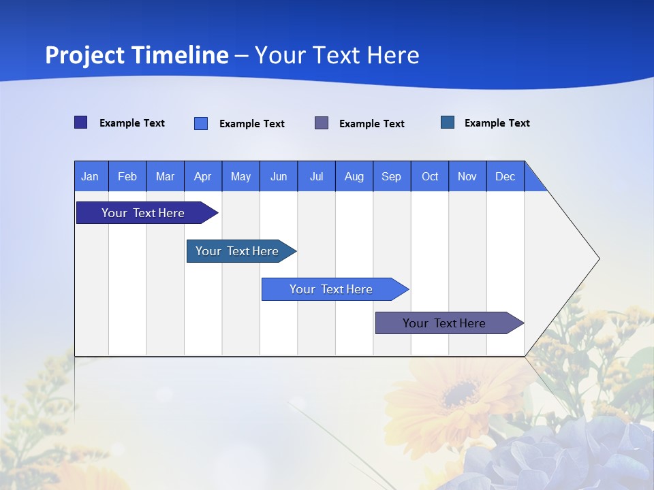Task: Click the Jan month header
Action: pyautogui.click(x=91, y=176)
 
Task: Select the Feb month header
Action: pyautogui.click(x=127, y=176)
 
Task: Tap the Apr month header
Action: pyautogui.click(x=203, y=176)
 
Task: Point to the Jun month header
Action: pyautogui.click(x=279, y=176)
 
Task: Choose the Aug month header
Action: pyautogui.click(x=354, y=176)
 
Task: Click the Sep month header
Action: pyautogui.click(x=392, y=176)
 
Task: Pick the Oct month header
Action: pyautogui.click(x=430, y=176)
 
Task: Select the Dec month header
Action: pyautogui.click(x=505, y=176)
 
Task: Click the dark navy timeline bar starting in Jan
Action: pyautogui.click(x=143, y=213)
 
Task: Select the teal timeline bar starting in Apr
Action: pyautogui.click(x=237, y=251)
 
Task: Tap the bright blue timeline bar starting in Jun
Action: pyautogui.click(x=331, y=289)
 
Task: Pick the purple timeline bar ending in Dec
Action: pyautogui.click(x=444, y=323)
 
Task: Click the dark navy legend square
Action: pyautogui.click(x=81, y=122)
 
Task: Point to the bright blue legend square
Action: pyautogui.click(x=201, y=123)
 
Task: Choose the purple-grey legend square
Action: pyautogui.click(x=322, y=123)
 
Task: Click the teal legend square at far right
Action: pyautogui.click(x=448, y=122)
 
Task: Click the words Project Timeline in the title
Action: pyautogui.click(x=137, y=55)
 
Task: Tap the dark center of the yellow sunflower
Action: pyautogui.click(x=459, y=393)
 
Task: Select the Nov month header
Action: pyautogui.click(x=467, y=176)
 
